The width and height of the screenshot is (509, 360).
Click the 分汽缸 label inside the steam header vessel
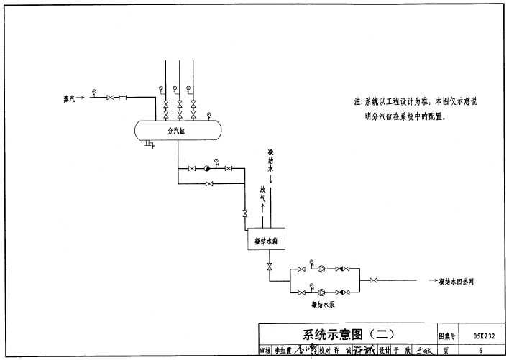click(177, 131)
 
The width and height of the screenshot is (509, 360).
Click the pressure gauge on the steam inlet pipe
click(93, 91)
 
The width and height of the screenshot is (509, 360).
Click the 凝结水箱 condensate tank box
click(266, 241)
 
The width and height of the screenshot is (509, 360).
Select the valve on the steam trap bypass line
click(208, 184)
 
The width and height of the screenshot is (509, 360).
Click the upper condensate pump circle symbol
click(321, 269)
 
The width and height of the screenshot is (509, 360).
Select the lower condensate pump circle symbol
click(321, 292)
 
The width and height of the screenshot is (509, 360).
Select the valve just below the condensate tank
click(270, 268)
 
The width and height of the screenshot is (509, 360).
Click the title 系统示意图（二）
click(347, 334)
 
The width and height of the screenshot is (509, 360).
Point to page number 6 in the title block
click(480, 350)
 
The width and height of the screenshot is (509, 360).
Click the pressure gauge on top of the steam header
click(208, 113)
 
